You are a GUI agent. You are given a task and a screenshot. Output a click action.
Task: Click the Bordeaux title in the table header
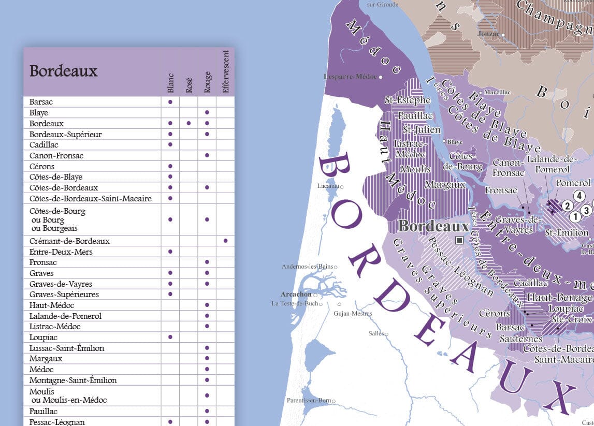63,71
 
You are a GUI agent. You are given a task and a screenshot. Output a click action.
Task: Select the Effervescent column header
225,72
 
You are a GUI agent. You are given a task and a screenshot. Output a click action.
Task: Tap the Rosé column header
189,85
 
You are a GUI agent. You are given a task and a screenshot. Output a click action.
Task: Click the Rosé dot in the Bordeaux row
189,123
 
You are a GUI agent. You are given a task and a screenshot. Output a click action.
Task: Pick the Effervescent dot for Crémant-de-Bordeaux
225,241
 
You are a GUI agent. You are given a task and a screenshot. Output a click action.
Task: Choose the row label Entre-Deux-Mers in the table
57,252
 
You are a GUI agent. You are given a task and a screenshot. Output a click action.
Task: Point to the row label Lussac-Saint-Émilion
67,348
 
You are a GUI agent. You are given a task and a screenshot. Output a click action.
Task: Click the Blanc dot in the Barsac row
170,102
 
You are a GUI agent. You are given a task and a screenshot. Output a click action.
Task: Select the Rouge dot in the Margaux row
207,359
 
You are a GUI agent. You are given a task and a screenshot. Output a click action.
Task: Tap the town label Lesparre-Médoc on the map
351,77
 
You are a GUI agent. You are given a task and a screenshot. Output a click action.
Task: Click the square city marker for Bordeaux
459,240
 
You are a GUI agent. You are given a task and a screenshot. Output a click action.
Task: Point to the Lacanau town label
328,186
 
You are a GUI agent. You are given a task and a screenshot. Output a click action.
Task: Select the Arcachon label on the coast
296,294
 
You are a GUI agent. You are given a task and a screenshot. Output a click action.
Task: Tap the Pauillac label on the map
416,115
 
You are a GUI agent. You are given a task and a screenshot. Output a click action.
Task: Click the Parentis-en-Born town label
309,400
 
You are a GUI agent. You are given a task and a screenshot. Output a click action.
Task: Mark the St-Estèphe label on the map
408,99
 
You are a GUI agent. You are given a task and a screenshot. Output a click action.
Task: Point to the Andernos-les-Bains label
307,267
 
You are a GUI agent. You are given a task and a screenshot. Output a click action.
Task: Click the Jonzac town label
489,34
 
